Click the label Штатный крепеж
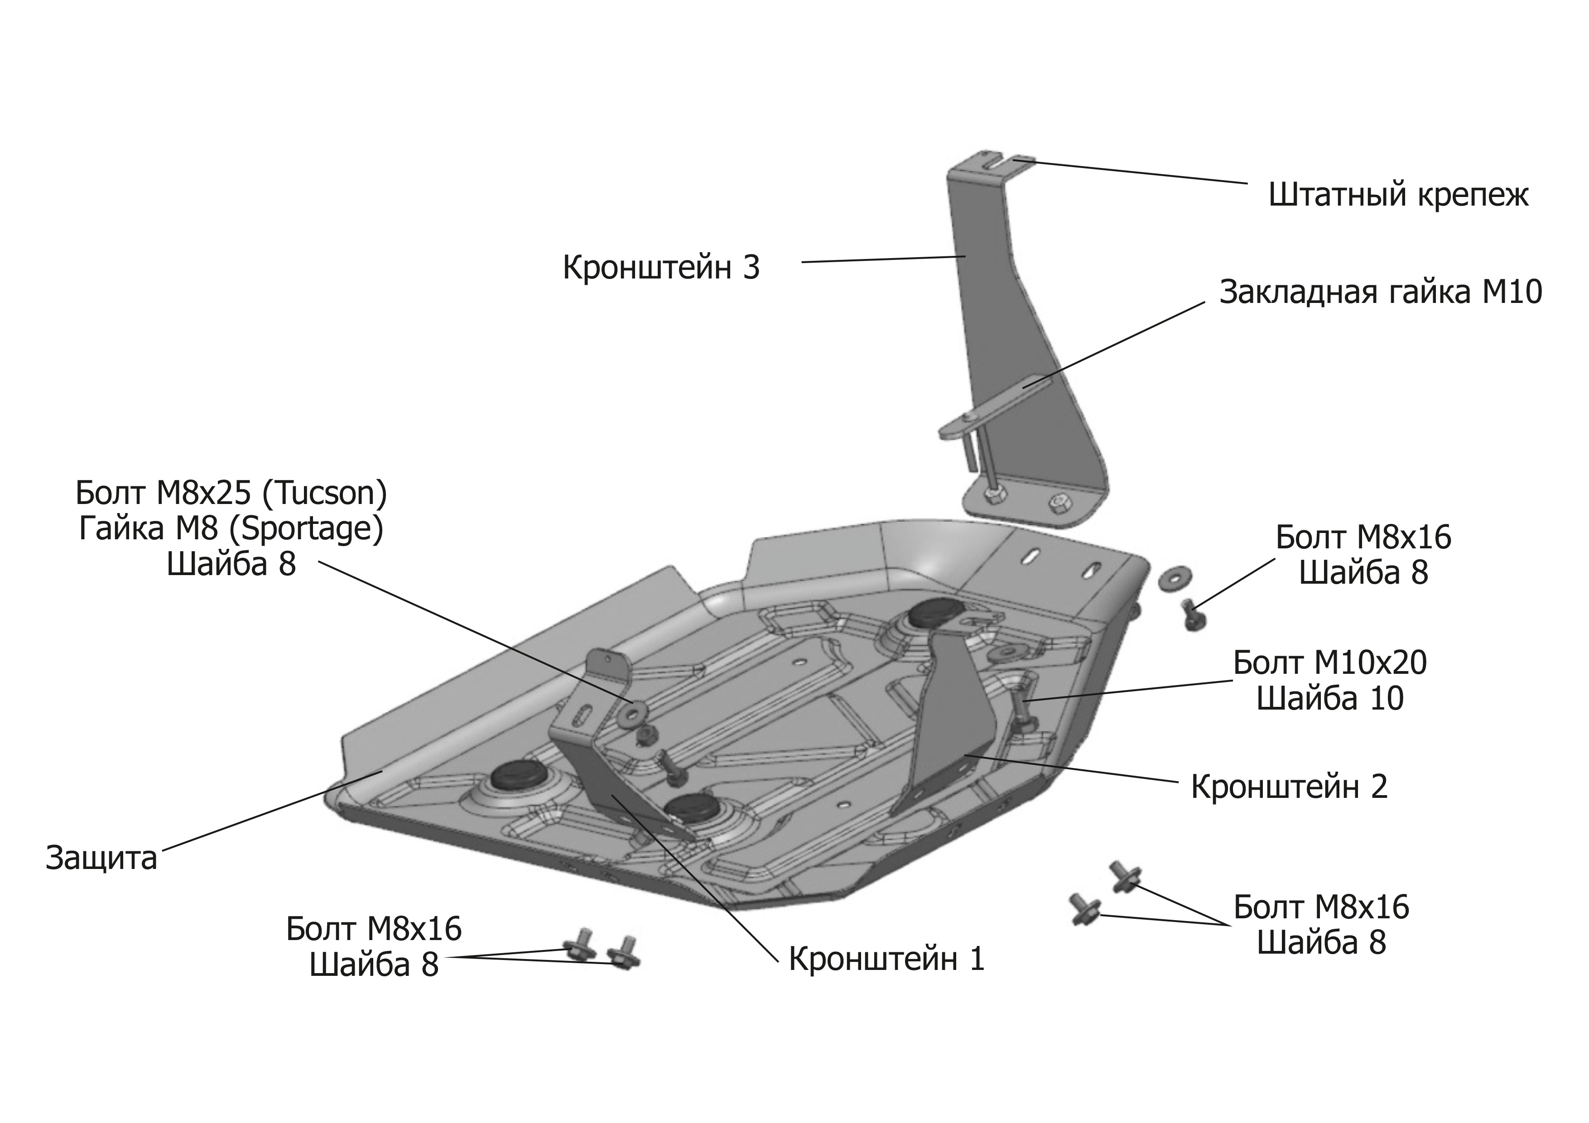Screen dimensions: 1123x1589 (x=1398, y=196)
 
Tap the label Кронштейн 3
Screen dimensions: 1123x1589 (x=661, y=268)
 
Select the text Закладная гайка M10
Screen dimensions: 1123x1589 (x=1381, y=292)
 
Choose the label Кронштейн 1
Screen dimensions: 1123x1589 (x=886, y=959)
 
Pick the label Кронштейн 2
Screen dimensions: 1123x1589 (x=1289, y=787)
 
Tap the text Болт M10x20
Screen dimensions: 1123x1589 (x=1329, y=663)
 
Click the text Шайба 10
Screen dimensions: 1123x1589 (x=1329, y=698)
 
